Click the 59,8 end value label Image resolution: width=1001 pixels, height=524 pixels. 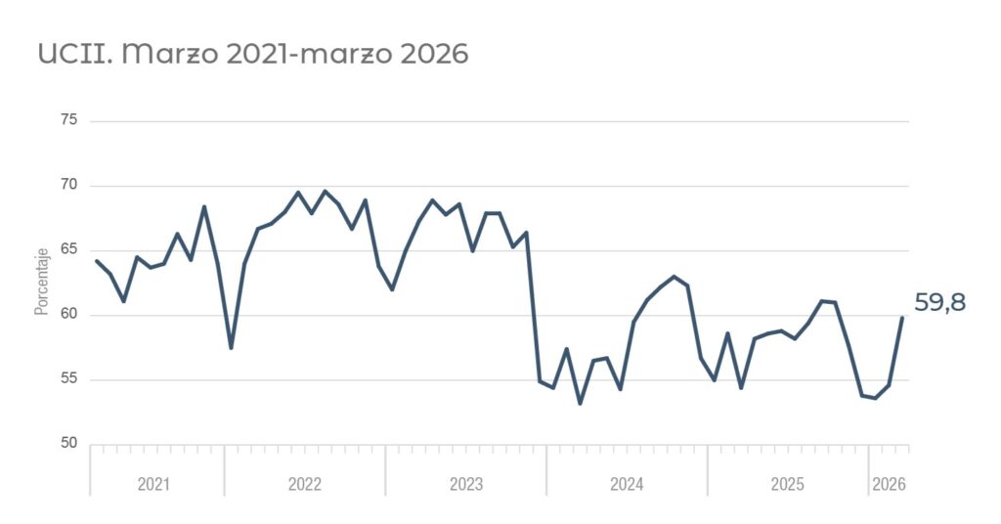click(x=939, y=303)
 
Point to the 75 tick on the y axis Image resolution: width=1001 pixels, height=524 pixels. click(x=69, y=120)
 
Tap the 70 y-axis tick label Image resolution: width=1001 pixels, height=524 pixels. click(x=69, y=185)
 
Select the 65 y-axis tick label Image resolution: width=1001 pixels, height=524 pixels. click(x=69, y=249)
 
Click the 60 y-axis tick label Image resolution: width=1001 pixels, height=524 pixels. click(x=69, y=314)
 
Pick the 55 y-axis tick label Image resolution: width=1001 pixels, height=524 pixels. click(x=69, y=379)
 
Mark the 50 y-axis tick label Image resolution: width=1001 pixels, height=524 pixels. click(x=69, y=443)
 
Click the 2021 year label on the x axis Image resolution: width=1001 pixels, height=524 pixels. click(x=153, y=485)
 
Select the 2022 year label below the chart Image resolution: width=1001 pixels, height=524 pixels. click(x=305, y=485)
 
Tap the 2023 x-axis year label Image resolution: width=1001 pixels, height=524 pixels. click(x=466, y=485)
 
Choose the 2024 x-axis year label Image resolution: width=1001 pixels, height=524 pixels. click(x=627, y=485)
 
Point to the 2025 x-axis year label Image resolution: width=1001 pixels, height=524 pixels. click(x=788, y=485)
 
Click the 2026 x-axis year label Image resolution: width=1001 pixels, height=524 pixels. click(x=889, y=485)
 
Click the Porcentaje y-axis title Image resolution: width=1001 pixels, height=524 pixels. click(x=42, y=282)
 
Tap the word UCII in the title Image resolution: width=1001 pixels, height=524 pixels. click(x=75, y=54)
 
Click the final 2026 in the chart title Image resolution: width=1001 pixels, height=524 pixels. click(x=434, y=54)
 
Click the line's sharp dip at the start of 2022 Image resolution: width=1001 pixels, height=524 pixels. click(x=231, y=348)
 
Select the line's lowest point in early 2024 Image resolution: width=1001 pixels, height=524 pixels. click(x=580, y=404)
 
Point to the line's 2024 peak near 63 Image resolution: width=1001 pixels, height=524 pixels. click(x=674, y=277)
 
